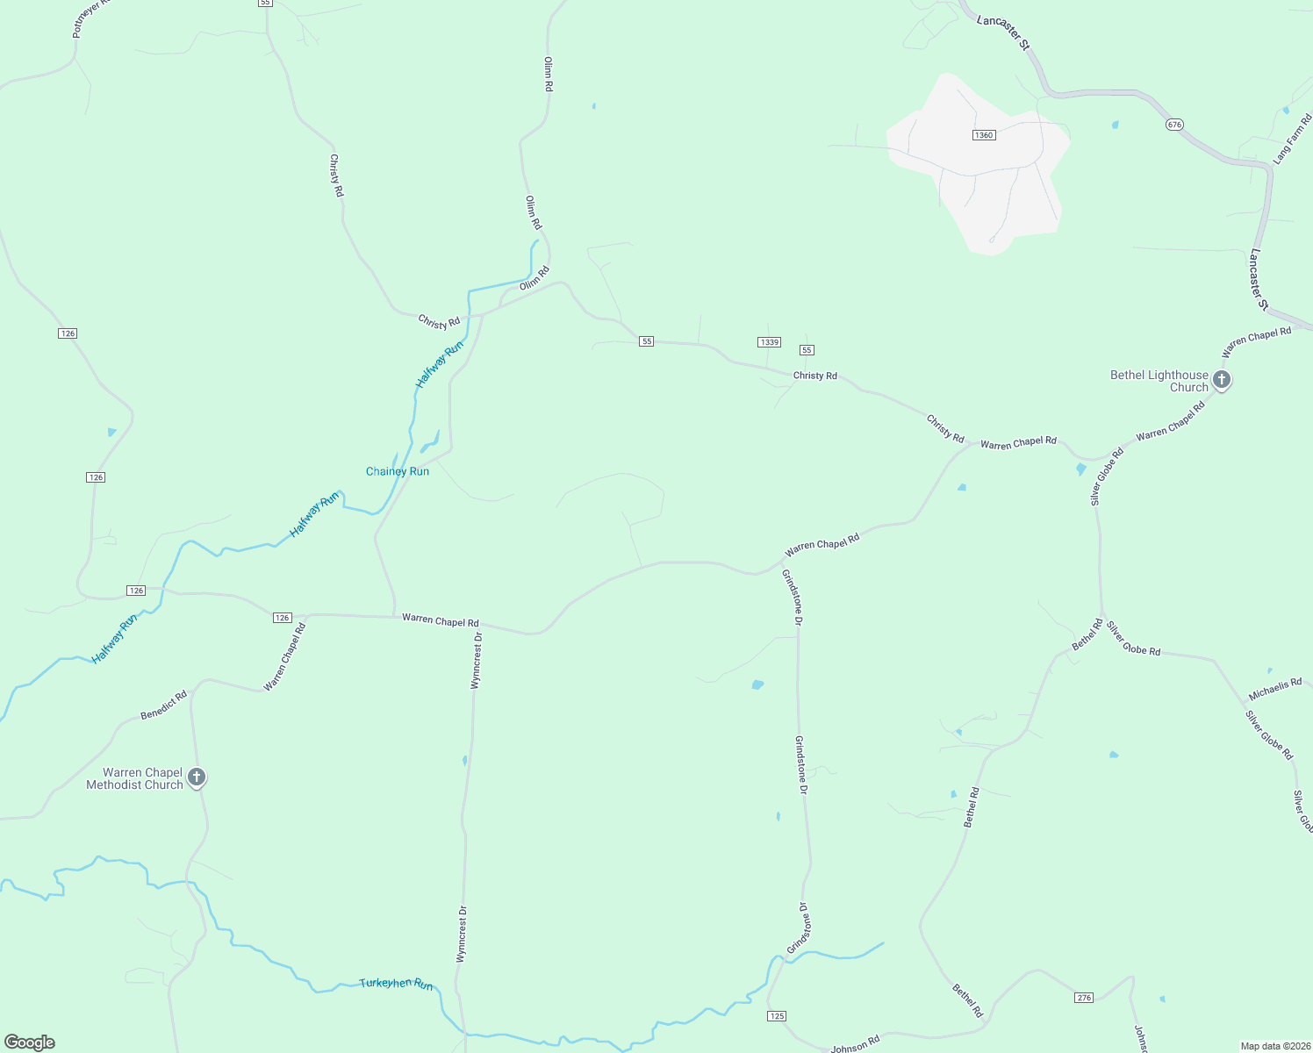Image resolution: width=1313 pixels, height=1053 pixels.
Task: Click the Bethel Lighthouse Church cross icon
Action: click(x=1221, y=380)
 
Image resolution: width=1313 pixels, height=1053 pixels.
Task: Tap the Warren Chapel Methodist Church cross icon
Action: click(x=197, y=777)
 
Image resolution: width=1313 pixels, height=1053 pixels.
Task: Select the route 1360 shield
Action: click(x=983, y=134)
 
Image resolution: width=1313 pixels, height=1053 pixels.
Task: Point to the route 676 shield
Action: click(x=1174, y=125)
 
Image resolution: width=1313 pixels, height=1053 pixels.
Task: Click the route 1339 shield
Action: click(x=769, y=341)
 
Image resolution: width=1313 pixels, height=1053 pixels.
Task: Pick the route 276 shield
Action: click(x=1084, y=998)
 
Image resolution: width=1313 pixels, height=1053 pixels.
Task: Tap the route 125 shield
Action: click(x=777, y=1016)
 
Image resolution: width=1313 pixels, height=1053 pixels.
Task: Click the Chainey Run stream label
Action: click(x=398, y=471)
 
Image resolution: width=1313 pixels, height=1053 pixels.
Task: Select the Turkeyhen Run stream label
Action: click(x=396, y=984)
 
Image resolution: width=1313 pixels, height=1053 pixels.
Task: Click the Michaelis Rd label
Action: click(x=1275, y=689)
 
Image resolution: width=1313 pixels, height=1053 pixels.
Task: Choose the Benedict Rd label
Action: click(x=164, y=706)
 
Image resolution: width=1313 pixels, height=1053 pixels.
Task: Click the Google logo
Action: click(x=30, y=1042)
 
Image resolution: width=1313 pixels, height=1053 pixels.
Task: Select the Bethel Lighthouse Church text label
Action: click(x=1159, y=381)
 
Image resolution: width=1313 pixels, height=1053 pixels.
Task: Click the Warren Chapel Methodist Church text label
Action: click(x=134, y=778)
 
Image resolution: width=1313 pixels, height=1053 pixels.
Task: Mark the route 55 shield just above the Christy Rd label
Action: click(x=807, y=350)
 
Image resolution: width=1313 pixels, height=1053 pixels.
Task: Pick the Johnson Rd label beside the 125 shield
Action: click(x=855, y=1044)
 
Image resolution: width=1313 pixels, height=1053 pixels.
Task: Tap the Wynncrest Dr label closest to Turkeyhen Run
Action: click(x=462, y=934)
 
